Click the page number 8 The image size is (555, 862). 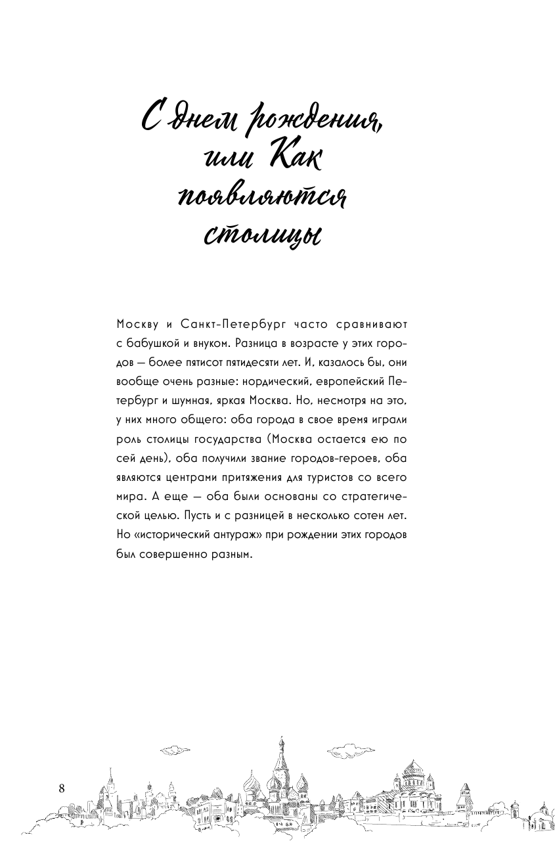coord(62,788)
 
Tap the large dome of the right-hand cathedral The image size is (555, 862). coord(414,769)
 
